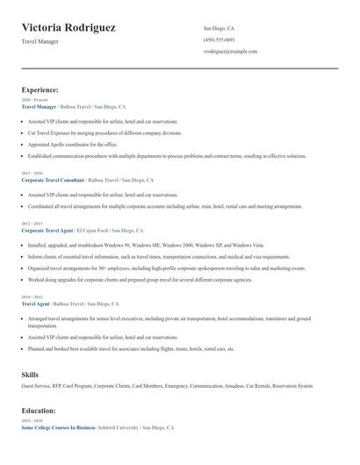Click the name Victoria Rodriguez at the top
coord(68,27)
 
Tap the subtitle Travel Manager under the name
coord(40,42)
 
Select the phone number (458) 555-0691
coord(219,39)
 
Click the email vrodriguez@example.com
coord(230,52)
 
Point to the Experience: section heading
coord(40,89)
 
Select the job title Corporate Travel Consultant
coord(53,180)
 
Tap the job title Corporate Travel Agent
coord(46,230)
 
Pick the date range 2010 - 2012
coord(31,297)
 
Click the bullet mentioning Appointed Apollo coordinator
coord(72,144)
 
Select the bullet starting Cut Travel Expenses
coord(105,132)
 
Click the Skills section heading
coord(30,375)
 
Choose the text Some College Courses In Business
coord(58,427)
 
